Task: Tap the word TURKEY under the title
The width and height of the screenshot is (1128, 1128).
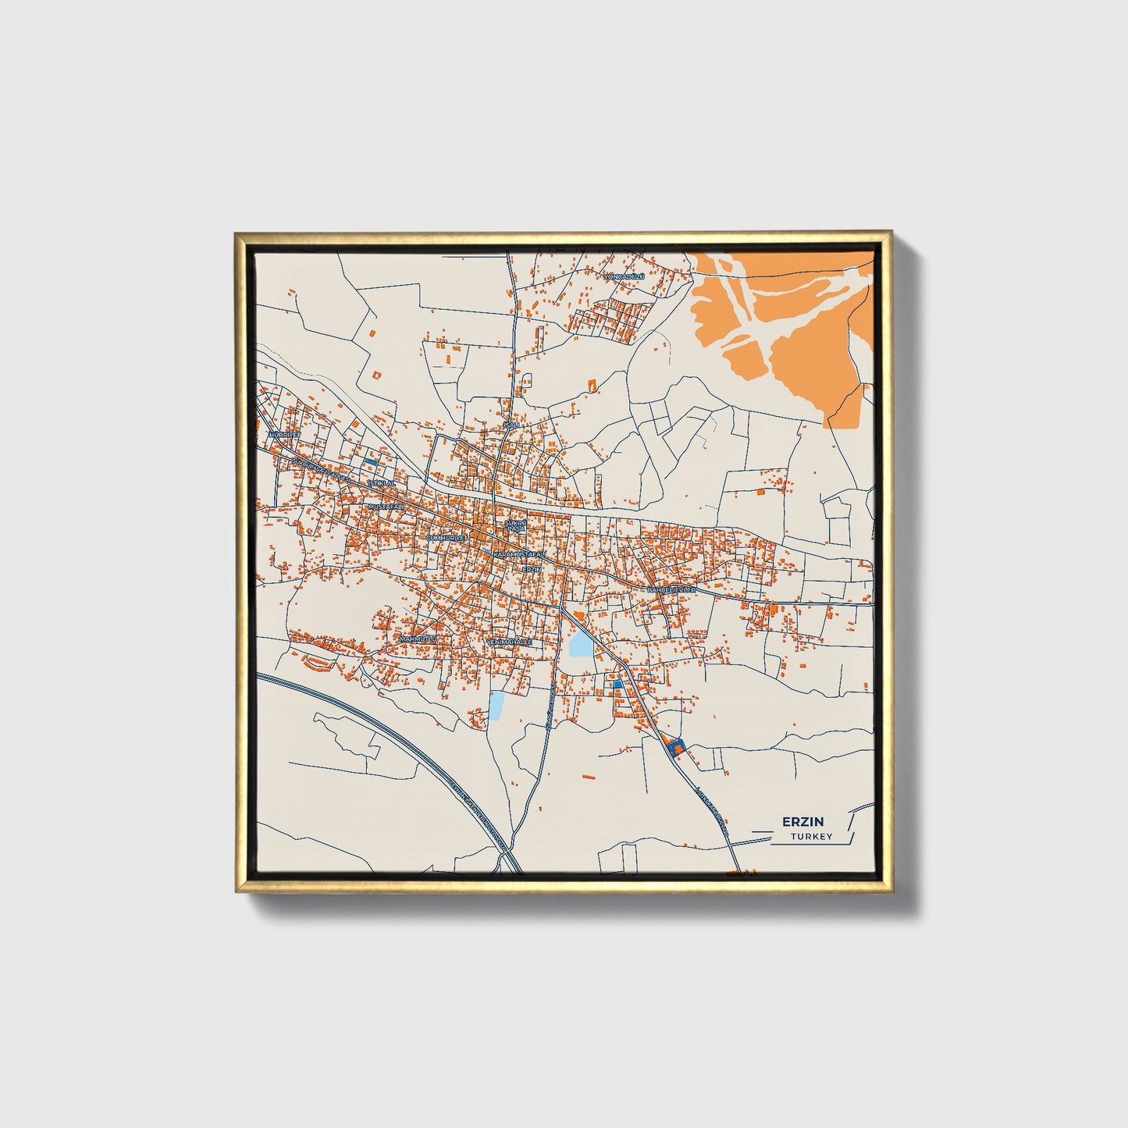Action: pos(811,837)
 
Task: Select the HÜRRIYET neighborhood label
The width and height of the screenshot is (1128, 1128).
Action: pos(283,434)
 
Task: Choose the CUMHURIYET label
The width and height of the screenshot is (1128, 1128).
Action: pos(447,538)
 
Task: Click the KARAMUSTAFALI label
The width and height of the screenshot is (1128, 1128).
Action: pos(520,553)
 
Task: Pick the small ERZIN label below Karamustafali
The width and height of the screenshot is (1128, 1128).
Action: pos(531,569)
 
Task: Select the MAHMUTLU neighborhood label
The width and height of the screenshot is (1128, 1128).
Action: pos(418,639)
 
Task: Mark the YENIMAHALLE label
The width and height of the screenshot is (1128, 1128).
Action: pos(509,642)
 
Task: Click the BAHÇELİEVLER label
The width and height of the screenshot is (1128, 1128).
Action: pos(671,590)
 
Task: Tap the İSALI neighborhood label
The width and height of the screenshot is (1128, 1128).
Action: pos(511,425)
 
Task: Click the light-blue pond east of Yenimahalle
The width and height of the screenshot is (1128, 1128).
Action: pos(580,645)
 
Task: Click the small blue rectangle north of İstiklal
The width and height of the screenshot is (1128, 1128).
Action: pos(371,463)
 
